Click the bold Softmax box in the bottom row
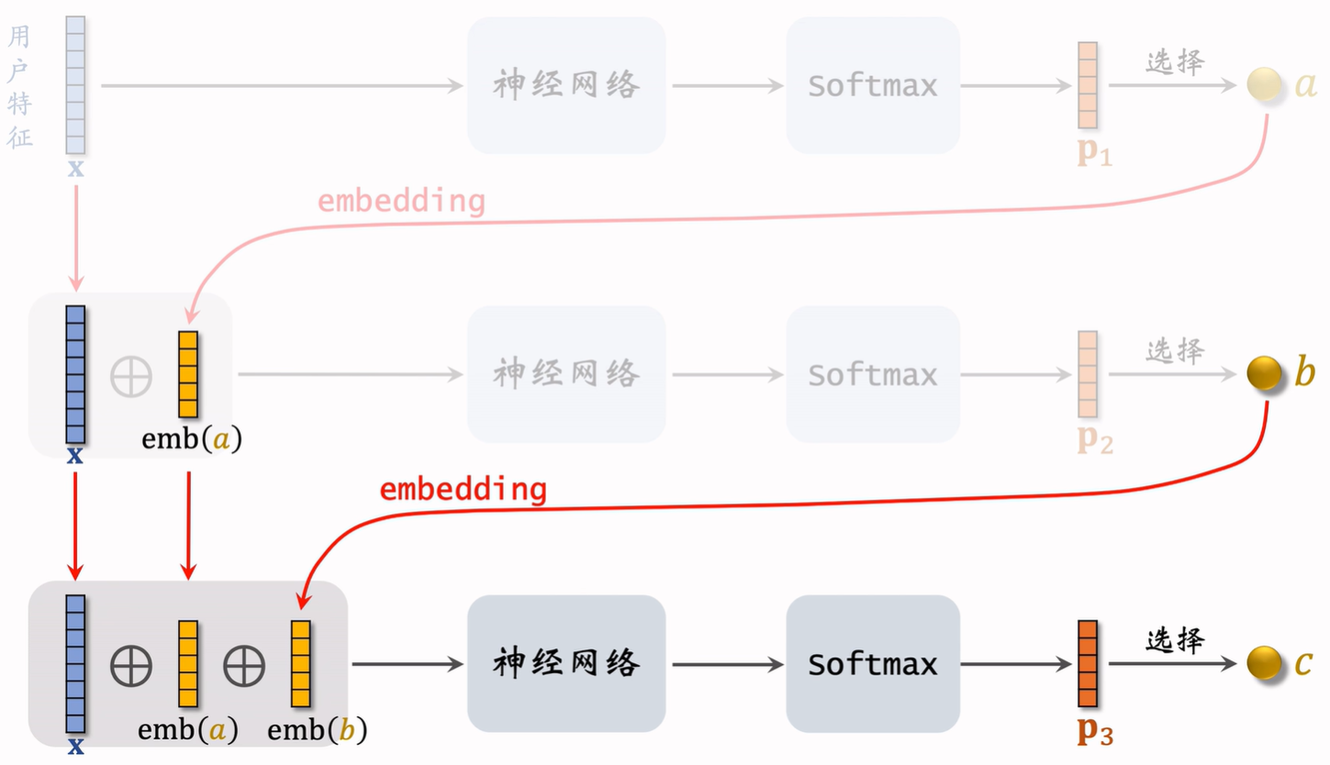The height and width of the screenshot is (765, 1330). [873, 663]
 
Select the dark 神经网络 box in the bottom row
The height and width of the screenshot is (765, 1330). [566, 663]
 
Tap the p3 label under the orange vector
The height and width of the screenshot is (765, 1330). [1095, 730]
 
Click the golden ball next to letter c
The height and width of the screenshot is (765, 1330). [1264, 663]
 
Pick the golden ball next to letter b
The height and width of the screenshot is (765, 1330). [1264, 373]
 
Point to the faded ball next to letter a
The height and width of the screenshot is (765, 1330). [1264, 84]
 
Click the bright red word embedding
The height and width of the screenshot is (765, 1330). [464, 490]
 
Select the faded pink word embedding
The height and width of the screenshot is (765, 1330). [401, 201]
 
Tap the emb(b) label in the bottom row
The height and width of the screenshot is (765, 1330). [317, 729]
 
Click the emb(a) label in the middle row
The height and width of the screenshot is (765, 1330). [192, 439]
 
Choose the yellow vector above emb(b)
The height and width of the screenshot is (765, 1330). [300, 663]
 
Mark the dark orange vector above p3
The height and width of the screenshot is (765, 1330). [1088, 663]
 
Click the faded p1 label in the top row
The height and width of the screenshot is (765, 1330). [1095, 152]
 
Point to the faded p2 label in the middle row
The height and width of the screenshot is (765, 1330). [1095, 441]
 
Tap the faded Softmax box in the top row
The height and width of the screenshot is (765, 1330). [873, 85]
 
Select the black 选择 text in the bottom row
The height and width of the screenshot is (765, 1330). [1175, 640]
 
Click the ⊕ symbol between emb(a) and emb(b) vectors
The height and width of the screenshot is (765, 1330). [244, 666]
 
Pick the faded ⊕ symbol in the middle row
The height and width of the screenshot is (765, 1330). [131, 376]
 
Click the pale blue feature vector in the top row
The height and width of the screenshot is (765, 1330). [75, 85]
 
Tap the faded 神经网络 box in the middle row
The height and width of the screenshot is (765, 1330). [566, 374]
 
